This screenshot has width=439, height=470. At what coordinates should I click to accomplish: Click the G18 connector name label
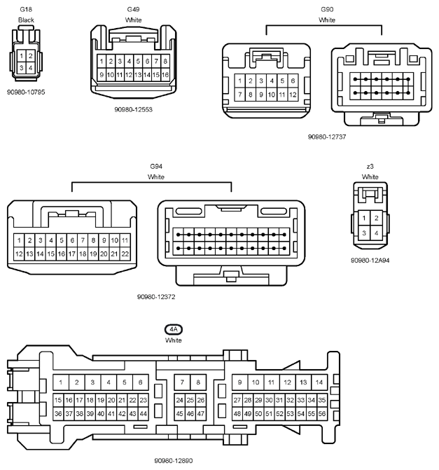pos(26,9)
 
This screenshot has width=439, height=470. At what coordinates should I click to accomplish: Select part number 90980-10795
pos(26,92)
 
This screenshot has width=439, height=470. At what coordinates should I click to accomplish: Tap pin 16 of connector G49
pos(165,75)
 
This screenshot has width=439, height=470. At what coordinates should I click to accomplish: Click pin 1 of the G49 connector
pos(102,62)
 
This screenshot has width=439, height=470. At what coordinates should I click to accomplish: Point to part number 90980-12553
pos(133,109)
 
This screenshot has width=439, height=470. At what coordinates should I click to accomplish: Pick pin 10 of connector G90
pos(272,95)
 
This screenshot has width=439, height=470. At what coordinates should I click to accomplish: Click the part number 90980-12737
pos(327,137)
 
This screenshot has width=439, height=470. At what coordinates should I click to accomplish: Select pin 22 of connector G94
pos(125,254)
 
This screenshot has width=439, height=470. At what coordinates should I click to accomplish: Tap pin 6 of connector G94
pos(72,240)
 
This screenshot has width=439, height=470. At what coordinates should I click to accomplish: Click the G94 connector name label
pos(156,167)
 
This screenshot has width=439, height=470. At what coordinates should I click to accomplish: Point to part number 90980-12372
pos(156,297)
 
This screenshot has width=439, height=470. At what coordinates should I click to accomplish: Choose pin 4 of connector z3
pos(376,233)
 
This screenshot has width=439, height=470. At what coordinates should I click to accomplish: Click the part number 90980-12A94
pos(370,261)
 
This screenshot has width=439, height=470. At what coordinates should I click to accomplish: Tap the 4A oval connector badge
pos(174,329)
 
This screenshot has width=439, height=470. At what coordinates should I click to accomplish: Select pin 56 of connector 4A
pos(322,414)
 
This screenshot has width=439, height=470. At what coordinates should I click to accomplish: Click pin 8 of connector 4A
pos(198,382)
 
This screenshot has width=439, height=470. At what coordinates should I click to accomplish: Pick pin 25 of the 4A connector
pos(190,400)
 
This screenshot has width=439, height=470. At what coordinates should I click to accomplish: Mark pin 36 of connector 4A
pos(58,414)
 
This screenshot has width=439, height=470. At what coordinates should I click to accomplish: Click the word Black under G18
pos(26,20)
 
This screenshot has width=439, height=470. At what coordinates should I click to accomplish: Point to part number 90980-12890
pos(174,460)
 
